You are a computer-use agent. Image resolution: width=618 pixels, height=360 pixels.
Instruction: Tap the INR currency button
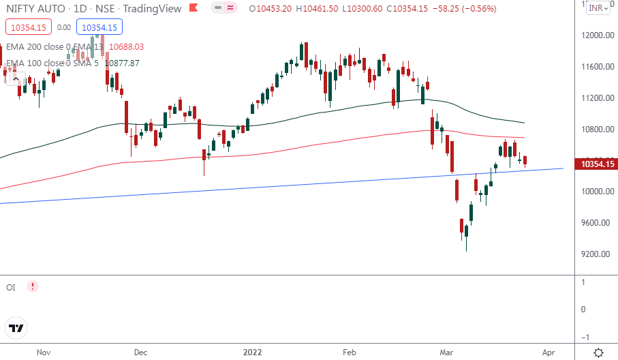(x=598, y=9)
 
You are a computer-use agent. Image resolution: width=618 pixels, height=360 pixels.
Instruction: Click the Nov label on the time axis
(x=44, y=352)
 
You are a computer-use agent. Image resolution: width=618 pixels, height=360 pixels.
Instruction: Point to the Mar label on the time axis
(x=447, y=352)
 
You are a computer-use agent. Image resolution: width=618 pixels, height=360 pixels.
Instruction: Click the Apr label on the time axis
(x=549, y=352)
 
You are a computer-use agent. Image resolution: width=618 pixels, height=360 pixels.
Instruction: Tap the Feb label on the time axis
(x=350, y=352)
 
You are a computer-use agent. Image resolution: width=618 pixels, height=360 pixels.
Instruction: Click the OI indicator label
(x=11, y=287)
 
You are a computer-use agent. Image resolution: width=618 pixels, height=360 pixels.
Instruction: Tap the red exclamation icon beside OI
(x=32, y=287)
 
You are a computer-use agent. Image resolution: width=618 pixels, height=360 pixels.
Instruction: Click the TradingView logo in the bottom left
(x=17, y=328)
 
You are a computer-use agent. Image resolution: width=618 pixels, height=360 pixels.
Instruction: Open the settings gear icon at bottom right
(x=598, y=352)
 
